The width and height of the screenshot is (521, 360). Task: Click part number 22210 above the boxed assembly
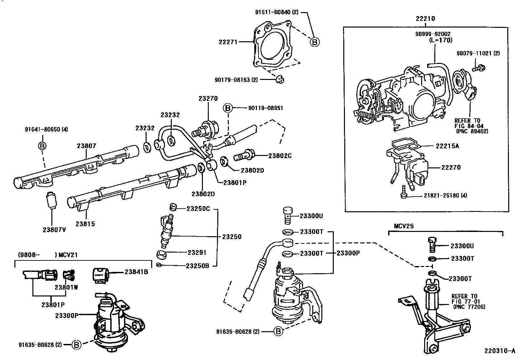[x=425, y=19]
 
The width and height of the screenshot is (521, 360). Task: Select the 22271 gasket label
[x=228, y=42]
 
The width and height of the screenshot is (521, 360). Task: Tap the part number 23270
[x=208, y=98]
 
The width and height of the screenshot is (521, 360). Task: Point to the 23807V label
[x=54, y=229]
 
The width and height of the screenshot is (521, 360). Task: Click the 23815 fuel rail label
[x=85, y=224]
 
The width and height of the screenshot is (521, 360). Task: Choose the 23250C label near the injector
[x=198, y=208]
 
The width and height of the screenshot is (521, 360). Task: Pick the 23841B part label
[x=136, y=272]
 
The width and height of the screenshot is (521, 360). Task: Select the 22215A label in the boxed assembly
[x=447, y=146]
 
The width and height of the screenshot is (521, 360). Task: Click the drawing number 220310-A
[x=500, y=351]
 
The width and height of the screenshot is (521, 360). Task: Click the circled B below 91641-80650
[x=43, y=146]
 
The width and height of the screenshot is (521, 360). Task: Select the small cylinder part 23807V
[x=52, y=199]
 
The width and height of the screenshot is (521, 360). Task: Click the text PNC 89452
[x=471, y=131]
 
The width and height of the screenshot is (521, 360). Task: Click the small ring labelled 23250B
[x=159, y=265]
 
